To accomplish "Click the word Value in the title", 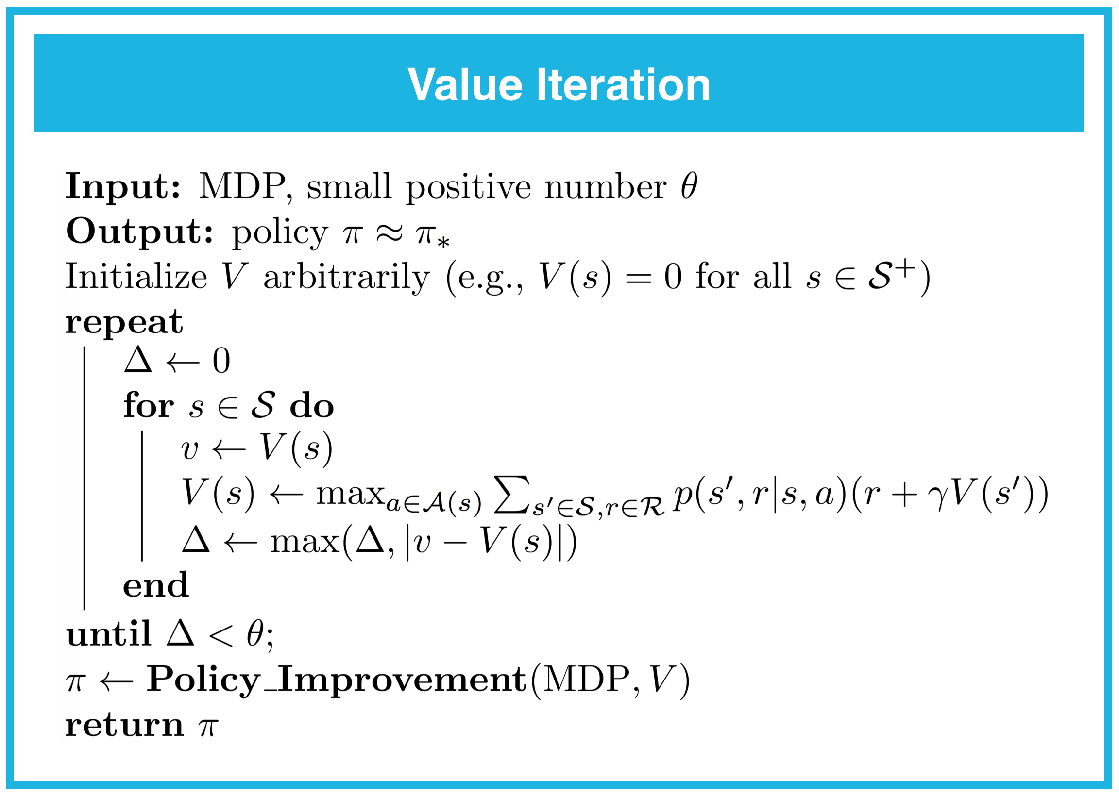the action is click(465, 85).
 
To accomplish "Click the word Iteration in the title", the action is click(624, 85).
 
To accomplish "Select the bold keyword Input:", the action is click(123, 186).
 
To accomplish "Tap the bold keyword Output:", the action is click(140, 232).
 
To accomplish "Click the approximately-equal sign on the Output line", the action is click(390, 233).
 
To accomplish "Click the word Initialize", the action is click(136, 277).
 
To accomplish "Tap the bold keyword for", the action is click(149, 405).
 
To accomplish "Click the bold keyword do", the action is click(312, 405).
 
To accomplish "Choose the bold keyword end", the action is click(155, 585).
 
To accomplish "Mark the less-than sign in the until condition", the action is click(220, 636).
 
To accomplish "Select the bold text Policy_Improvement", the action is click(337, 680).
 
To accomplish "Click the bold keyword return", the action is click(124, 725).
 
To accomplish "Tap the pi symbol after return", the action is click(208, 728).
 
